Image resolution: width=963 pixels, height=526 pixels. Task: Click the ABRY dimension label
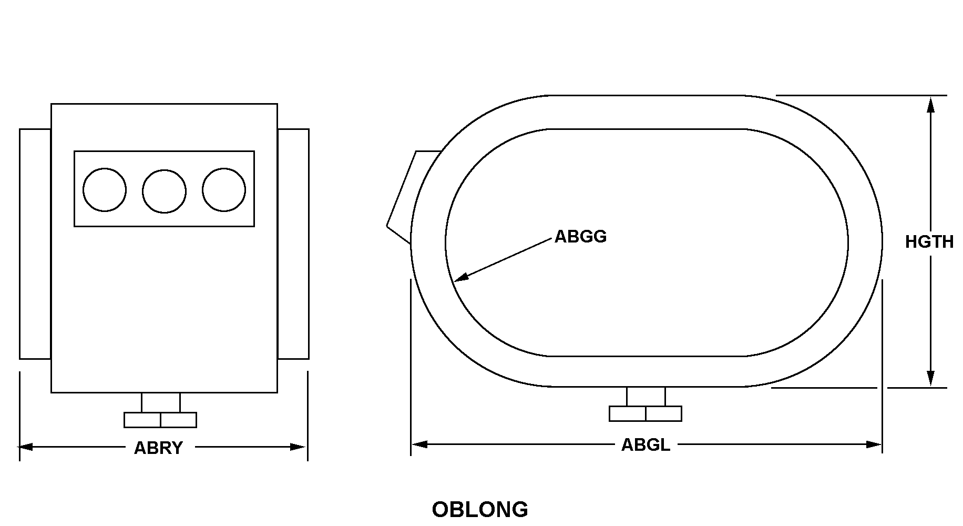tap(158, 448)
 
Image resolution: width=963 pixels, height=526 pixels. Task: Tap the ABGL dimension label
tap(646, 445)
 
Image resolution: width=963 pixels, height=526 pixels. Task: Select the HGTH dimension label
tap(929, 241)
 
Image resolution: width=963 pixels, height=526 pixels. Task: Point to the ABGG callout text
tap(580, 237)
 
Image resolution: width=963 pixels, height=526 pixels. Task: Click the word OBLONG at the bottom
tap(480, 509)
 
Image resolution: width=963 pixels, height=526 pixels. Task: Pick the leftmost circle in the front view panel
tap(105, 190)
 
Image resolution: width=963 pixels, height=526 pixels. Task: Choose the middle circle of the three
tap(164, 191)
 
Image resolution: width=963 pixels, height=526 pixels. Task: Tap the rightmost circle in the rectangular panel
tap(224, 190)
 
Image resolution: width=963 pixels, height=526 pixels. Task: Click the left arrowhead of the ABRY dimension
tap(26, 447)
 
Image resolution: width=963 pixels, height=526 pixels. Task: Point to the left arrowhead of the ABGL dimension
tap(419, 444)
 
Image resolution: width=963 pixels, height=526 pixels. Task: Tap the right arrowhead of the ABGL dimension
tap(874, 444)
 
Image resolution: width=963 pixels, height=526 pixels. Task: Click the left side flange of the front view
tap(35, 244)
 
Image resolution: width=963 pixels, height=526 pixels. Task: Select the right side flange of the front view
tap(293, 244)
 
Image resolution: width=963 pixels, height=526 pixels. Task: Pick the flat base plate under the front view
tap(160, 420)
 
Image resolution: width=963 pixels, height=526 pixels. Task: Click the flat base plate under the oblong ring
tap(646, 413)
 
